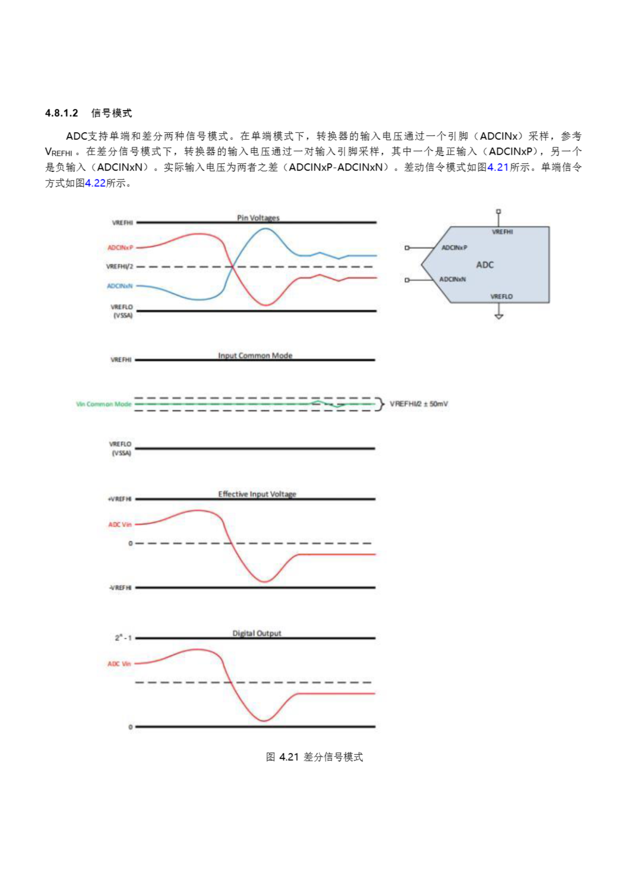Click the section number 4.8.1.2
click(x=61, y=113)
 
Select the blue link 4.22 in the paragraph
click(x=95, y=183)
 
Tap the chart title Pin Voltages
click(x=258, y=218)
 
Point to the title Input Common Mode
click(x=255, y=355)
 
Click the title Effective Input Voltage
click(x=257, y=494)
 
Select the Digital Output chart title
click(x=257, y=633)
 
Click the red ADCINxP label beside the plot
click(x=120, y=248)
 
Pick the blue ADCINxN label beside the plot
click(x=120, y=286)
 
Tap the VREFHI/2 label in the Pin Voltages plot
click(x=120, y=266)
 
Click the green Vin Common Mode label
click(x=104, y=404)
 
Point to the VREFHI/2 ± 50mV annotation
click(x=419, y=404)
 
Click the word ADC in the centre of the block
click(x=485, y=265)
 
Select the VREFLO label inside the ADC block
click(x=502, y=297)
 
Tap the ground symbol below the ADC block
click(x=499, y=316)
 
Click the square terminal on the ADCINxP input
click(x=407, y=248)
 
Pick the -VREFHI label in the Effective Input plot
click(x=120, y=588)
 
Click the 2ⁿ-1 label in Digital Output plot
click(x=123, y=638)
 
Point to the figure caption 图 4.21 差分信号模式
click(x=314, y=757)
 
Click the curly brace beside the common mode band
click(x=382, y=404)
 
